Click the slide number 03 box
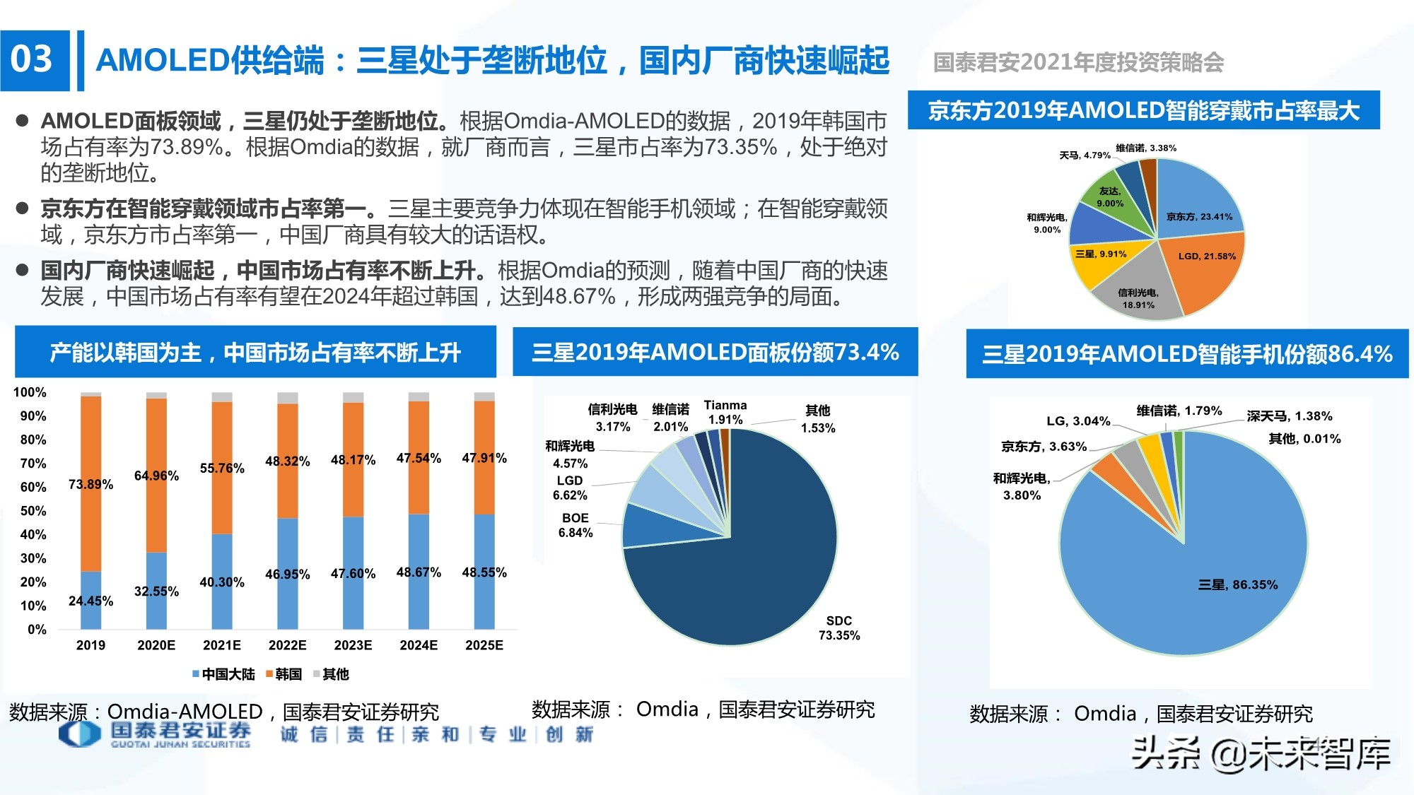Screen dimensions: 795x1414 [x=34, y=60]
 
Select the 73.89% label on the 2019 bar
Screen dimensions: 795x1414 [x=90, y=484]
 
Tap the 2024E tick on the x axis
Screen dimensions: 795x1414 [x=419, y=645]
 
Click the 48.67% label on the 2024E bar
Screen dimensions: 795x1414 [x=419, y=572]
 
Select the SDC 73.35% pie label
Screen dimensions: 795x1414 [x=839, y=628]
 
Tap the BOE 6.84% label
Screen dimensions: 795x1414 [x=575, y=525]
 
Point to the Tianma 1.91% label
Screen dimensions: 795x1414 [x=725, y=412]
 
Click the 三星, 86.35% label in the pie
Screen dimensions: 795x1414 [x=1238, y=584]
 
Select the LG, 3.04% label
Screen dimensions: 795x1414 [x=1077, y=421]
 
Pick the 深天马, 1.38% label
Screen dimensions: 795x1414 [x=1289, y=416]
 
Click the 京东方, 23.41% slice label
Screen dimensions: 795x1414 [x=1199, y=216]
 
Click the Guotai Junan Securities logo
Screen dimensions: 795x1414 [x=156, y=734]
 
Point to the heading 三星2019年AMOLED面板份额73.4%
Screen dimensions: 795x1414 [x=715, y=352]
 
